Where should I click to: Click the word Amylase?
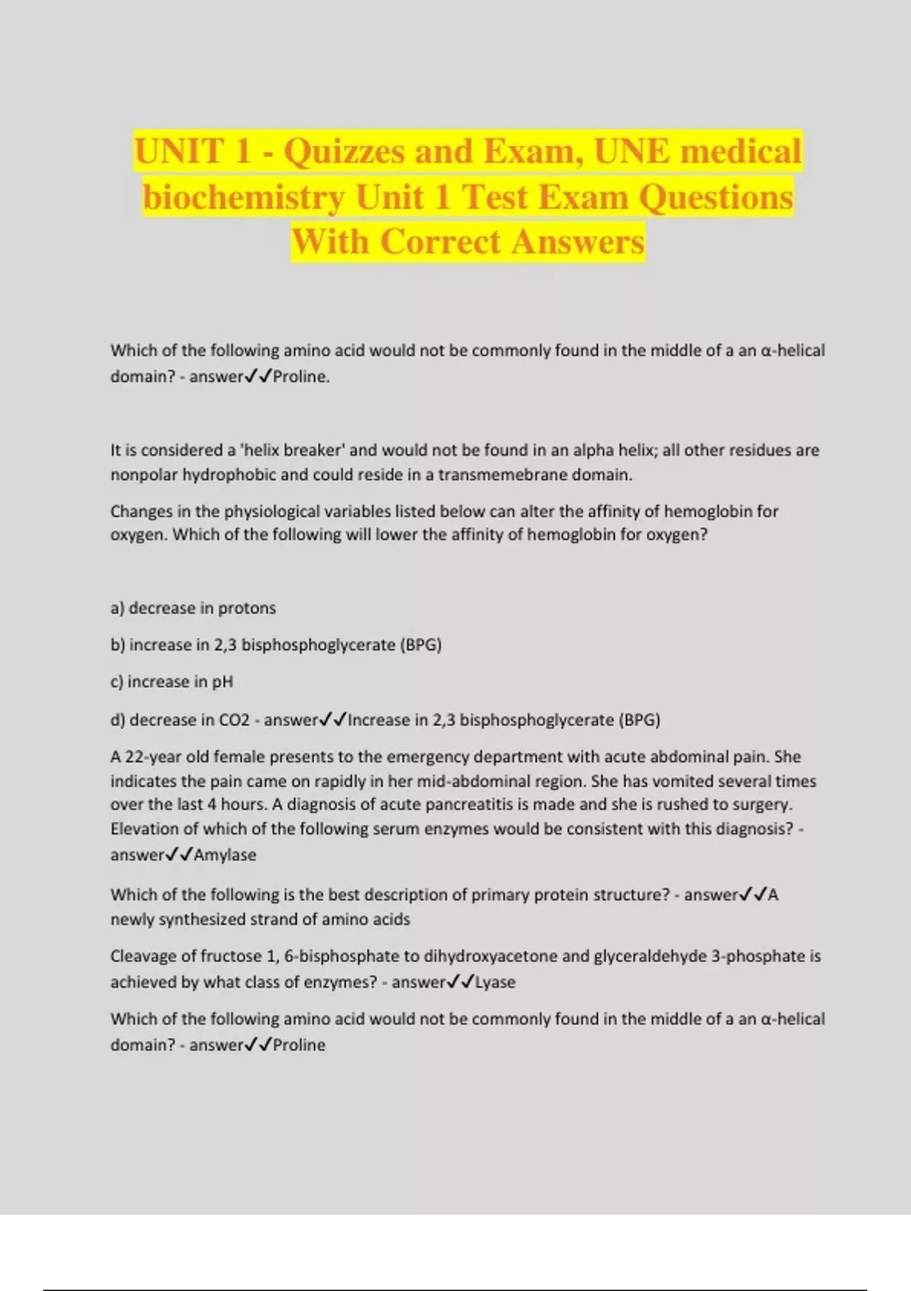[225, 855]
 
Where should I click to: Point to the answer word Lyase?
[495, 982]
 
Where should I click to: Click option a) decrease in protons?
[193, 608]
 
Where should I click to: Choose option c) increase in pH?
[172, 682]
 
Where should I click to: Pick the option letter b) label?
[118, 645]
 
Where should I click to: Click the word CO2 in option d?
[234, 720]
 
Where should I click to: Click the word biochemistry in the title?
[244, 197]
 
